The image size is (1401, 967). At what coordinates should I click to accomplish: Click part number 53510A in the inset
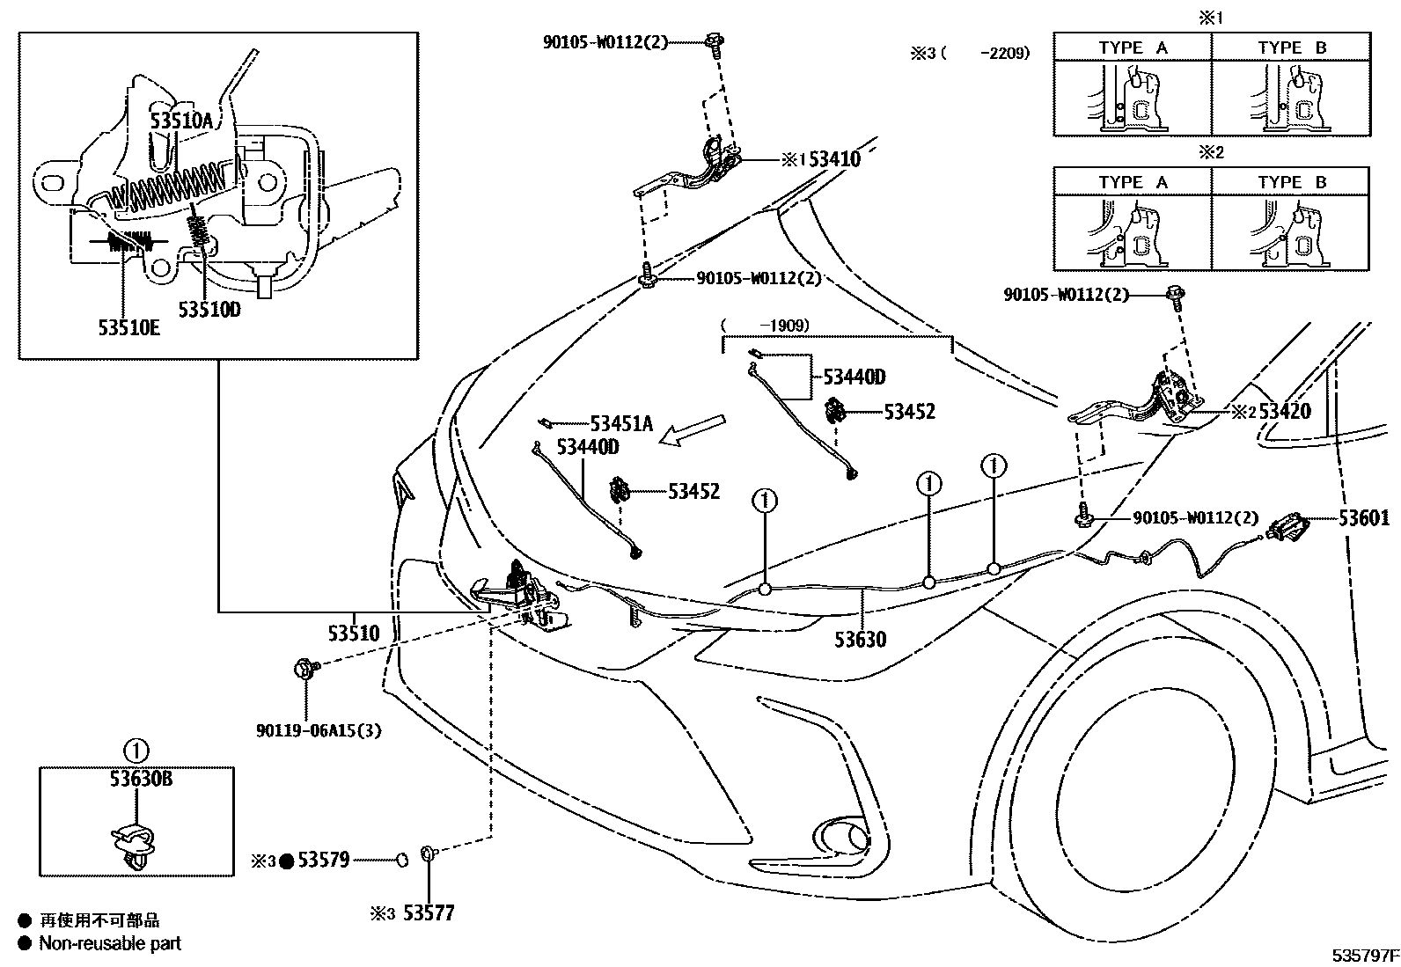pos(181,121)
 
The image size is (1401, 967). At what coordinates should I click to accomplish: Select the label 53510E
pos(129,328)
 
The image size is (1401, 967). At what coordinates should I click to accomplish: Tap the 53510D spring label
pos(209,310)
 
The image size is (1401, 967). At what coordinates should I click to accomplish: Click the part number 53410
pos(834,159)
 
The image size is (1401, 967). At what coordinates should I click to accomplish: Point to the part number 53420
pos(1284,411)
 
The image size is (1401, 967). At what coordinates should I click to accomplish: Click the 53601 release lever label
pos(1364,518)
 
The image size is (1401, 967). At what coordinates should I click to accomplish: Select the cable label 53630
pos(861,639)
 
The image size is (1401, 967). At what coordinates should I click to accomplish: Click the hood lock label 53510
pos(354,633)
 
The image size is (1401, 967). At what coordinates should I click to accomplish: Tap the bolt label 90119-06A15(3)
pos(319,730)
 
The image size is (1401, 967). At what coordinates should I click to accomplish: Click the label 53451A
pos(621,423)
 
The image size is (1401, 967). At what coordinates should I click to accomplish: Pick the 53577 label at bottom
pos(429,913)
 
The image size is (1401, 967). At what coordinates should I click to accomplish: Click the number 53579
pos(323,861)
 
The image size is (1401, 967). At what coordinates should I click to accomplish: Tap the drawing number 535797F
pos(1364,954)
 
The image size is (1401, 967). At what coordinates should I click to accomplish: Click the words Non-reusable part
pos(110,943)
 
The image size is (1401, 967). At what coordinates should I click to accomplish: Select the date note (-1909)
pos(765,325)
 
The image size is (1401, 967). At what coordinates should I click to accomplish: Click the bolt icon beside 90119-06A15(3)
pos(305,670)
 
